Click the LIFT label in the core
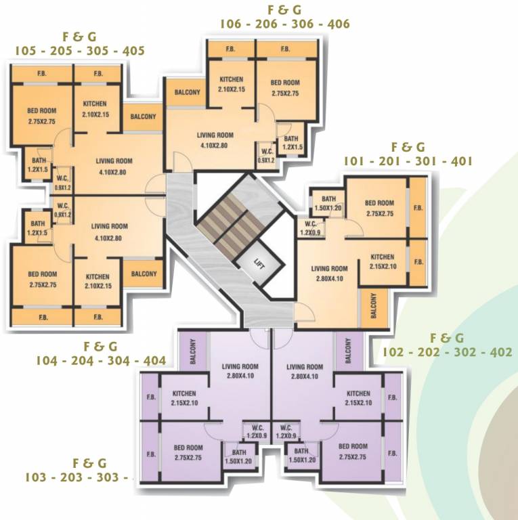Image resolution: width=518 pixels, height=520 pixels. [258, 265]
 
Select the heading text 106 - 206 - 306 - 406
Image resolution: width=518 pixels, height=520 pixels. [284, 24]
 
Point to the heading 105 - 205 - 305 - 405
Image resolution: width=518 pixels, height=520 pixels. [80, 51]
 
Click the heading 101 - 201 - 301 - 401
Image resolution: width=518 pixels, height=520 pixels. [408, 161]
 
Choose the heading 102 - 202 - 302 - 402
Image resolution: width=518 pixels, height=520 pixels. [447, 352]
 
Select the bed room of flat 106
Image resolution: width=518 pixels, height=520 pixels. [285, 88]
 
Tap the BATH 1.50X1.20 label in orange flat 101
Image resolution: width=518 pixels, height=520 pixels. [328, 203]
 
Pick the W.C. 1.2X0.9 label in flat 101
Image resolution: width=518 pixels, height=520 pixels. [311, 228]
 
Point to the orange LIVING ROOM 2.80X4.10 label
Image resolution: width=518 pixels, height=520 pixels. [329, 273]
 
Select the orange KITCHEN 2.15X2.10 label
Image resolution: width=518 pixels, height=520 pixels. [382, 261]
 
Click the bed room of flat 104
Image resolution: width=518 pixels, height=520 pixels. [42, 279]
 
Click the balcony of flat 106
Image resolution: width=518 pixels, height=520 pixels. [187, 92]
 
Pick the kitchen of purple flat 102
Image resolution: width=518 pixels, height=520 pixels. [358, 399]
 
